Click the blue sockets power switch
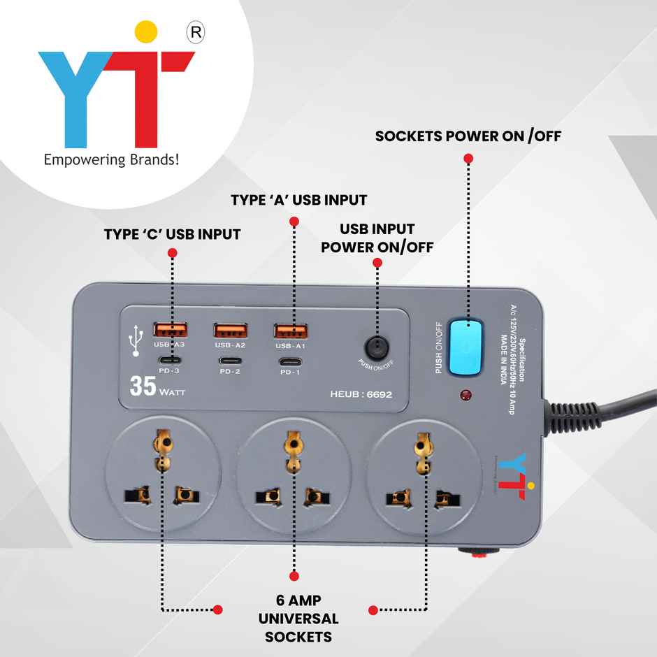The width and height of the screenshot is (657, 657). point(465,347)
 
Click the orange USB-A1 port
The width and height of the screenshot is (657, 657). point(291,331)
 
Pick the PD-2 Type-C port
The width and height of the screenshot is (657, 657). point(230,361)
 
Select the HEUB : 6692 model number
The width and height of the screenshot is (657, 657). point(361,394)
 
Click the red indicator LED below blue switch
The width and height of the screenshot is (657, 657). point(465,396)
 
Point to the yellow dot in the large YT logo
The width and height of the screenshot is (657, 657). point(145,31)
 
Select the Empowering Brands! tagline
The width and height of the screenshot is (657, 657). point(112,160)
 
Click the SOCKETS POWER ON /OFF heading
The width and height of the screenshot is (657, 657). point(468,136)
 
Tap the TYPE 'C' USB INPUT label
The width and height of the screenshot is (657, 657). point(172,234)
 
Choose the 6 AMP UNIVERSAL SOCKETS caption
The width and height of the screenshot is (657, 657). point(298,619)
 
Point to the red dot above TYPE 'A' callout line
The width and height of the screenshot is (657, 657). point(294,222)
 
